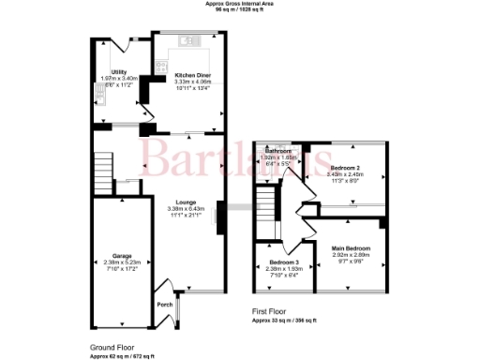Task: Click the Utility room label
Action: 119,71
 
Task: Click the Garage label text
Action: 122,254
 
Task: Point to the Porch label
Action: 163,304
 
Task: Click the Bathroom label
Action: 279,151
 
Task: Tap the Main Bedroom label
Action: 351,248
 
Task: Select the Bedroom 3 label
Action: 284,262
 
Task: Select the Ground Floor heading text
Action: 110,346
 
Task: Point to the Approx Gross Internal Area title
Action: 239,4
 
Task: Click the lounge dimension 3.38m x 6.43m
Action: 186,208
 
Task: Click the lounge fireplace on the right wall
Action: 220,217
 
